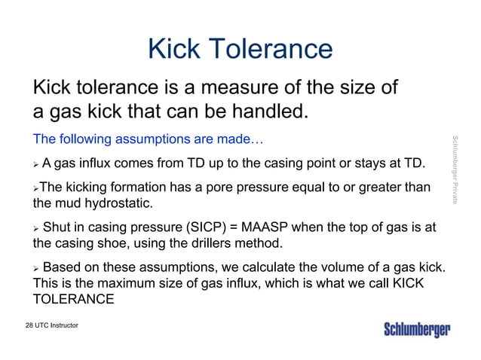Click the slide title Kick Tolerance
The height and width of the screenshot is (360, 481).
[240, 49]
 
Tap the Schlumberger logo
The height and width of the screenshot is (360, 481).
[417, 330]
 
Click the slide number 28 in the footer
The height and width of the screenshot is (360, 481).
[29, 325]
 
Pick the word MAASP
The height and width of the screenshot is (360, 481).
[263, 227]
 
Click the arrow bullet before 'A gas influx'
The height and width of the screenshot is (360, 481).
[35, 163]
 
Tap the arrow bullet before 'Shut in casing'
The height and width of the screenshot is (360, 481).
[35, 228]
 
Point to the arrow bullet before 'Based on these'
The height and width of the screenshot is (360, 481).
[35, 268]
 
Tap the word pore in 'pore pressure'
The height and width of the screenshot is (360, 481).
[225, 187]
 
